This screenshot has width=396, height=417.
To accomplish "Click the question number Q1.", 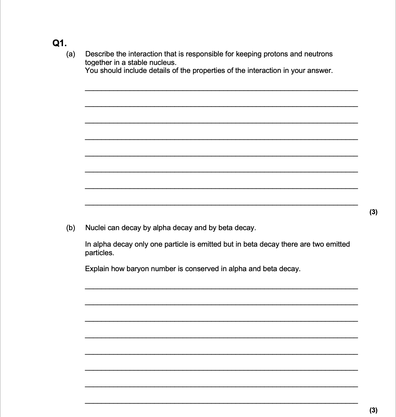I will (60, 43).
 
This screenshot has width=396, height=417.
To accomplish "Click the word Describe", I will (100, 54).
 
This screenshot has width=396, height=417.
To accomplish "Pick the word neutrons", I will (319, 54).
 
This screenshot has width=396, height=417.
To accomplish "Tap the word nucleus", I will (163, 62).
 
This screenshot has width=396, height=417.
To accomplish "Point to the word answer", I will (320, 70).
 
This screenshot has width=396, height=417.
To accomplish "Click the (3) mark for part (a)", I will (373, 212).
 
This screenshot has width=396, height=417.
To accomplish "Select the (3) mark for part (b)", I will (373, 410).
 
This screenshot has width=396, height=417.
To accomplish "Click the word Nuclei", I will (96, 228).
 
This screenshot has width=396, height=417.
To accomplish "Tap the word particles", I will (100, 253).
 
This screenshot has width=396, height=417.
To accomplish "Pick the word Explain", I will (97, 269).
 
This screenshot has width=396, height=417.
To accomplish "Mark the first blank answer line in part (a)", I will (221, 90).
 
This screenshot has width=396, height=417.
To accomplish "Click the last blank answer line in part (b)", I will (221, 402).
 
